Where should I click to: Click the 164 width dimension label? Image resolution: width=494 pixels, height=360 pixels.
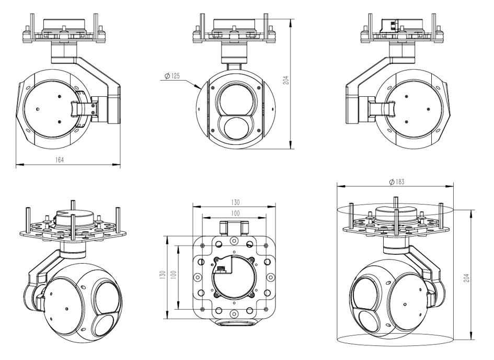coord(60,159)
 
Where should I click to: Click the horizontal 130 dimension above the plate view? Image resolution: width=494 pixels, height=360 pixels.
coord(234,202)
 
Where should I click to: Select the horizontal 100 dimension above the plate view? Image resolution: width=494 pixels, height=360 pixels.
coord(234,213)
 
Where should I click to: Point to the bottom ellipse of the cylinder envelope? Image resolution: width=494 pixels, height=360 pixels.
coord(396,340)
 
